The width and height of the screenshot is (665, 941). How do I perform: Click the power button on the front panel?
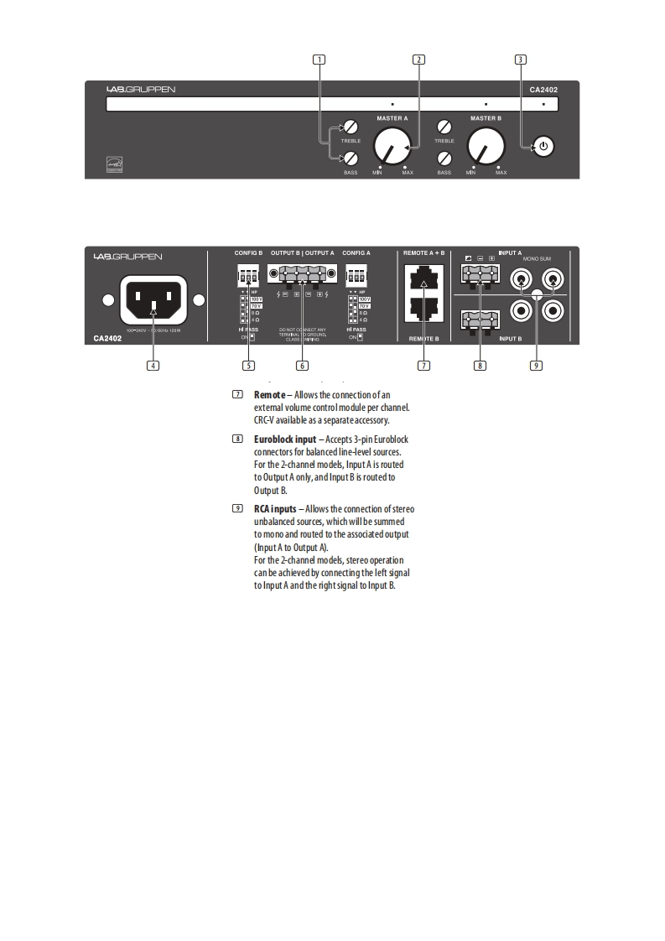pos(543,147)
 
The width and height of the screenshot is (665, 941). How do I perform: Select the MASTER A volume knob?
pos(391,148)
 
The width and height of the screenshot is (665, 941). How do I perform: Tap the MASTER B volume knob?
pos(486,148)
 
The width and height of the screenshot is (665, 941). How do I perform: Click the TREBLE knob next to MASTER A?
pos(351,127)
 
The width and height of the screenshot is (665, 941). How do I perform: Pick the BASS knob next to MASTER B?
pos(445,159)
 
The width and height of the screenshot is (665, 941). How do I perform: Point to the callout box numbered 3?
pos(521,60)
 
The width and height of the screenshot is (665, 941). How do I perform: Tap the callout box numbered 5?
pos(248,365)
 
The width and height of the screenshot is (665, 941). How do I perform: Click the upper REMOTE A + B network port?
pos(423,278)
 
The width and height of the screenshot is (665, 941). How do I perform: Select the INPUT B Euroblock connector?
pos(479,319)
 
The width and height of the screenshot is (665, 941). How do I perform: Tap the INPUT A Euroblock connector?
pos(479,273)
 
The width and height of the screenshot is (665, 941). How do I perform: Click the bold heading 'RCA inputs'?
pos(278,509)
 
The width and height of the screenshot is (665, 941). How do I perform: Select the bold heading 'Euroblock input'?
pos(285,439)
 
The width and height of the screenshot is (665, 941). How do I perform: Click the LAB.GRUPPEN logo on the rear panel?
pos(128,256)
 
